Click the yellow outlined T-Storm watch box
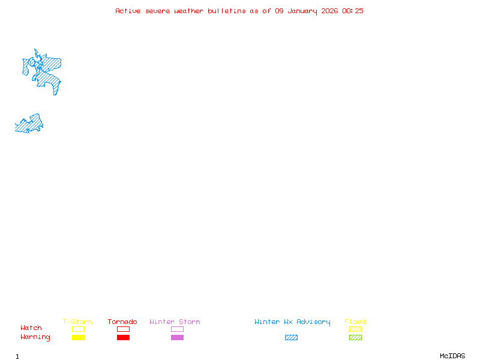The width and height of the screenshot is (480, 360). (x=78, y=329)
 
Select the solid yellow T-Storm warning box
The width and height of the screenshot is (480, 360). (x=78, y=338)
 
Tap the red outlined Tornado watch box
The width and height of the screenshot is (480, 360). (x=123, y=329)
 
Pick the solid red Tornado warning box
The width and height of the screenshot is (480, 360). (x=123, y=338)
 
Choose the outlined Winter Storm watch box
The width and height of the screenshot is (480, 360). (x=177, y=329)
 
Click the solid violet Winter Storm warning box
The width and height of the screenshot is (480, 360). (x=177, y=338)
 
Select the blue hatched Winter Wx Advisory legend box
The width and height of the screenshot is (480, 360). (x=291, y=338)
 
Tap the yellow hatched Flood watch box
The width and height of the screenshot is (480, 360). (x=355, y=329)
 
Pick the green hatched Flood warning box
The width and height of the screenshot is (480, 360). (x=355, y=338)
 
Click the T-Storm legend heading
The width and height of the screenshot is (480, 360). (x=77, y=322)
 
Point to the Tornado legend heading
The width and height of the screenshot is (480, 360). (x=122, y=322)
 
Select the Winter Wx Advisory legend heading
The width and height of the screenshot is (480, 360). (x=292, y=322)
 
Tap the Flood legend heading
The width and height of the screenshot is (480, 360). (x=355, y=322)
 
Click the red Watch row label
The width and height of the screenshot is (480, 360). (x=31, y=328)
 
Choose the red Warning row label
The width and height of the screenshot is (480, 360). (x=35, y=337)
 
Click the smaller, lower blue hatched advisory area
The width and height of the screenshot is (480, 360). (x=29, y=124)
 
